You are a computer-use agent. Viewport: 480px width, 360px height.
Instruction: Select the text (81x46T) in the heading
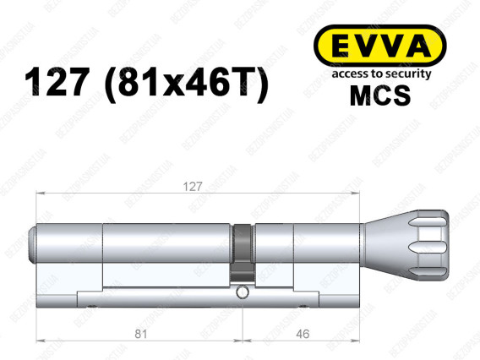click(x=184, y=81)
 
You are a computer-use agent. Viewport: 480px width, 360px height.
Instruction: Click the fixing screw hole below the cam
click(x=243, y=293)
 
